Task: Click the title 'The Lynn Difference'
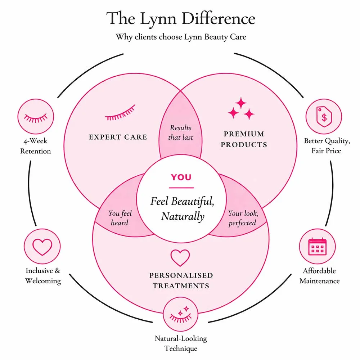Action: (x=181, y=18)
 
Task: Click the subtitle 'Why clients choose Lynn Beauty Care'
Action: (x=181, y=37)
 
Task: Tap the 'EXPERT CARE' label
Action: (x=118, y=137)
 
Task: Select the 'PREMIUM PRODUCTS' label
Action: (x=244, y=139)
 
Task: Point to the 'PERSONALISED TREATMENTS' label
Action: (x=181, y=280)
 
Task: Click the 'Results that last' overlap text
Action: (x=181, y=132)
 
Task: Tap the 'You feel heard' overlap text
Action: (x=120, y=218)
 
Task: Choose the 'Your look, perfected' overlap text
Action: (x=243, y=218)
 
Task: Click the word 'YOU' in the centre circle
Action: (x=181, y=177)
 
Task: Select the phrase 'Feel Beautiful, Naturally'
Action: (x=182, y=209)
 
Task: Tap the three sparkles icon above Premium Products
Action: (x=241, y=109)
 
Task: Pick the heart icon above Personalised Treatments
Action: (x=180, y=258)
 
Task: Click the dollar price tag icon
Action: (x=323, y=117)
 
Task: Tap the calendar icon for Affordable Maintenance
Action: (x=317, y=247)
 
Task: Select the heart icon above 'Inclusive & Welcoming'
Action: (x=42, y=247)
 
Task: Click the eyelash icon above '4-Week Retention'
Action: (x=35, y=117)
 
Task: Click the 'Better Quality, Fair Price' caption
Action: (x=326, y=145)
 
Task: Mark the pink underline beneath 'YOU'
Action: (x=181, y=188)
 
